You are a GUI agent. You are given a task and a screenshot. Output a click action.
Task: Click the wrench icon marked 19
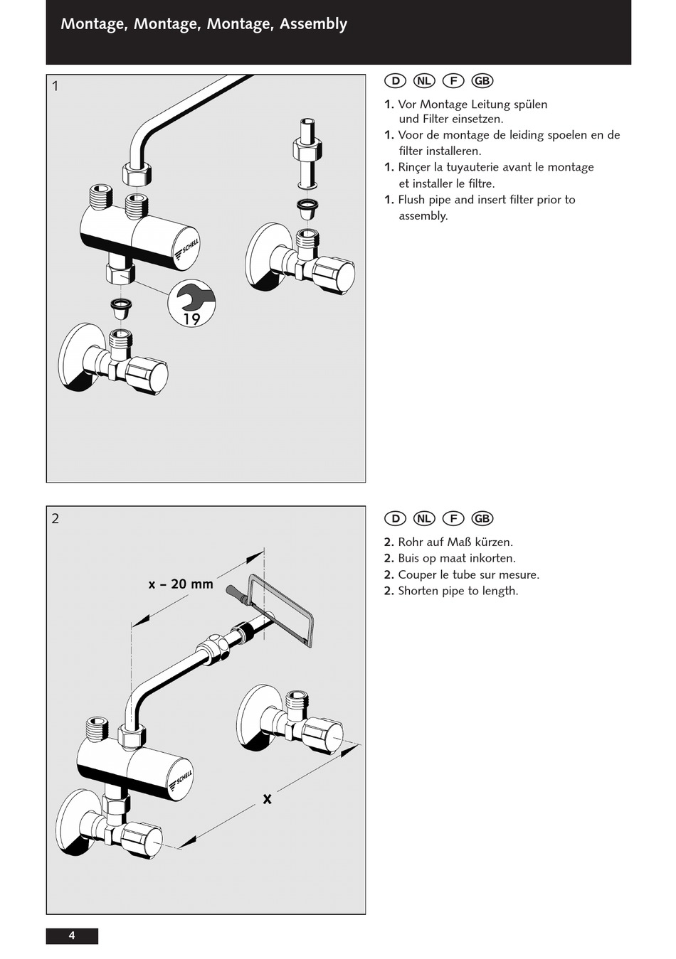pos(191,304)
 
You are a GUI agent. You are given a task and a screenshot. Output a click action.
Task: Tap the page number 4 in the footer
pos(72,936)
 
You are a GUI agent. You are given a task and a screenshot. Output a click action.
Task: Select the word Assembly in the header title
pos(313,24)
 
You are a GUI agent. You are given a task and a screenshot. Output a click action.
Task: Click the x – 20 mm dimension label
pos(181,584)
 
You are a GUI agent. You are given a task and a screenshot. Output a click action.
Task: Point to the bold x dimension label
pos(267,799)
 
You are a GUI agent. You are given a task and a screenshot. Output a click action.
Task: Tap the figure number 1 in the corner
pos(56,87)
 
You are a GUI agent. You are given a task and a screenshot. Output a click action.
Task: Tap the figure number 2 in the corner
pos(56,519)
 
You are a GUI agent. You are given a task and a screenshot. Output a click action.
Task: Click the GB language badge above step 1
pos(482,81)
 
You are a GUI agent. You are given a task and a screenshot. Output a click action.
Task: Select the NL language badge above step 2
pos(423,518)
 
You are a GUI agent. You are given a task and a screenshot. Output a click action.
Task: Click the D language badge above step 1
pos(395,81)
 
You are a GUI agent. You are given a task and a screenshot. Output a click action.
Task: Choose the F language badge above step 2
pos(453,518)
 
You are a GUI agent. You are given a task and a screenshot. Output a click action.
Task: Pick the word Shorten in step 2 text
pos(419,591)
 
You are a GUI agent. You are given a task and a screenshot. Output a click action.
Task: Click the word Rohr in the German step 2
pos(411,542)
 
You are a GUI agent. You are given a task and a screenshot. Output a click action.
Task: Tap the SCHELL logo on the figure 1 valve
pos(188,250)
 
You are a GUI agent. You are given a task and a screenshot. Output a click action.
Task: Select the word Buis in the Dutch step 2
pos(410,558)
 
